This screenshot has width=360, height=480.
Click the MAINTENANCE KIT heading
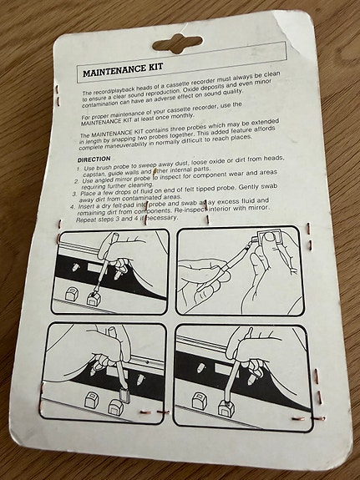click(x=123, y=70)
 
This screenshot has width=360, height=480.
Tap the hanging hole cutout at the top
click(x=177, y=43)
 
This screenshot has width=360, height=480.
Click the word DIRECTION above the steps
click(x=94, y=159)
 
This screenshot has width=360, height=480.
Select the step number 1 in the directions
click(x=79, y=169)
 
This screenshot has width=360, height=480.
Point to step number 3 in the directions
click(x=74, y=194)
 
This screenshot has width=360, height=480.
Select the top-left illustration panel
click(x=110, y=272)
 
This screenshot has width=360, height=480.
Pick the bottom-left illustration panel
click(x=104, y=373)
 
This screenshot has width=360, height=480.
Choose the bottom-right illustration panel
click(x=243, y=377)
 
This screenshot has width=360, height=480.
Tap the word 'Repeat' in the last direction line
click(x=86, y=220)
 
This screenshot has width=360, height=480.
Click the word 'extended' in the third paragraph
click(x=265, y=123)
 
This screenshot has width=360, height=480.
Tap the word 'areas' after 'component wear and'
click(x=268, y=172)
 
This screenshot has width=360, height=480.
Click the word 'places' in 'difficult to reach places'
click(x=241, y=138)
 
